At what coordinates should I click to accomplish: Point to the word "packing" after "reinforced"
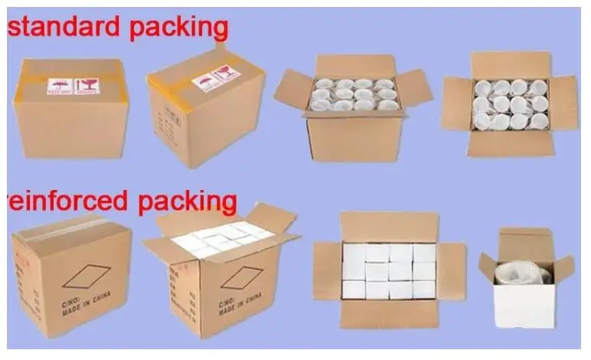[x=187, y=202]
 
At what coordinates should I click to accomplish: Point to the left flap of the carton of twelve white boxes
[x=326, y=271]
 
